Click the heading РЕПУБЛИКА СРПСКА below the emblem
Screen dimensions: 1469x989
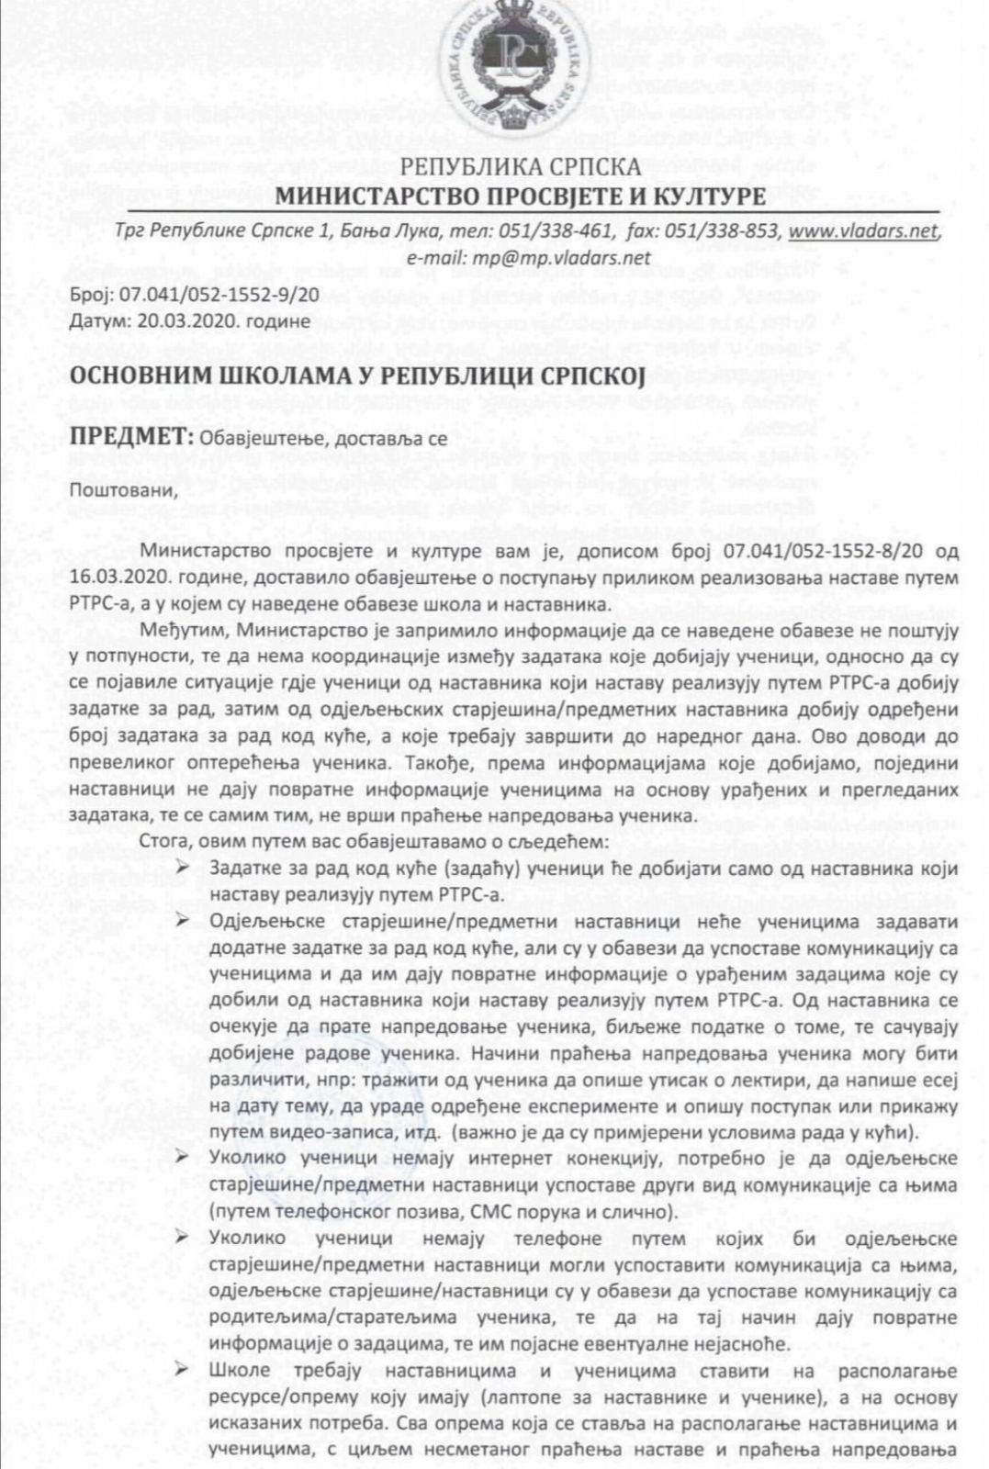coord(521,167)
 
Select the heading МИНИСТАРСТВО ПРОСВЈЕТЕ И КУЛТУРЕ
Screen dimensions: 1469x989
coord(521,196)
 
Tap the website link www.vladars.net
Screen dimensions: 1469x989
coord(864,231)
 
